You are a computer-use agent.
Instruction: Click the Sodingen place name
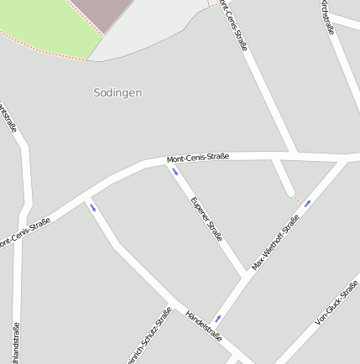117,93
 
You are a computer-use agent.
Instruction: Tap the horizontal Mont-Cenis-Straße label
198,157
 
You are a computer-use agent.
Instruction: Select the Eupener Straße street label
206,220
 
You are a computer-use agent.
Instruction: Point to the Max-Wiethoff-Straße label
276,242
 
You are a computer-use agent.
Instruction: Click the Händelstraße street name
204,326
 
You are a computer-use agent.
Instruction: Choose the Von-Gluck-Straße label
337,303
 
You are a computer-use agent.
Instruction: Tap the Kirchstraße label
326,16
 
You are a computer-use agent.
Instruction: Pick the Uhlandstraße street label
16,344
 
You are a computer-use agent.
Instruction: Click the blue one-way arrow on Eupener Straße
175,172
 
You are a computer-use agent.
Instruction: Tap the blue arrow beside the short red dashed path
308,203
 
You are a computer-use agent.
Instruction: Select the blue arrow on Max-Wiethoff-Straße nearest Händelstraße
217,319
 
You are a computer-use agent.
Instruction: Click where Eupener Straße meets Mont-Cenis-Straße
167,159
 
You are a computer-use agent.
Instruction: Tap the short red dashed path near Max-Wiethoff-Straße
297,200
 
